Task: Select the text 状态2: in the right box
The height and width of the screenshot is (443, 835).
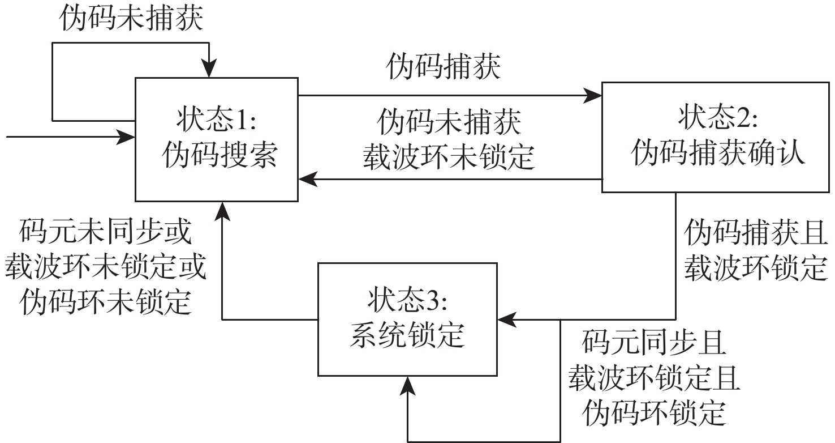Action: point(717,120)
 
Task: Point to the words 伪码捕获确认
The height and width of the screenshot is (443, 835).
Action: point(717,153)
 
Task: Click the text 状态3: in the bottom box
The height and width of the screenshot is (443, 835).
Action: point(407,303)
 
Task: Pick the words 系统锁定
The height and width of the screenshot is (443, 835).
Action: point(407,336)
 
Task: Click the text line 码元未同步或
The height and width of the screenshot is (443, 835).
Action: point(105,233)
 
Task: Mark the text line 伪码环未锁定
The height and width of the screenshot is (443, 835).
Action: point(105,303)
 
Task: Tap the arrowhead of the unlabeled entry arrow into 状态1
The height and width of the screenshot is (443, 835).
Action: point(128,137)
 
